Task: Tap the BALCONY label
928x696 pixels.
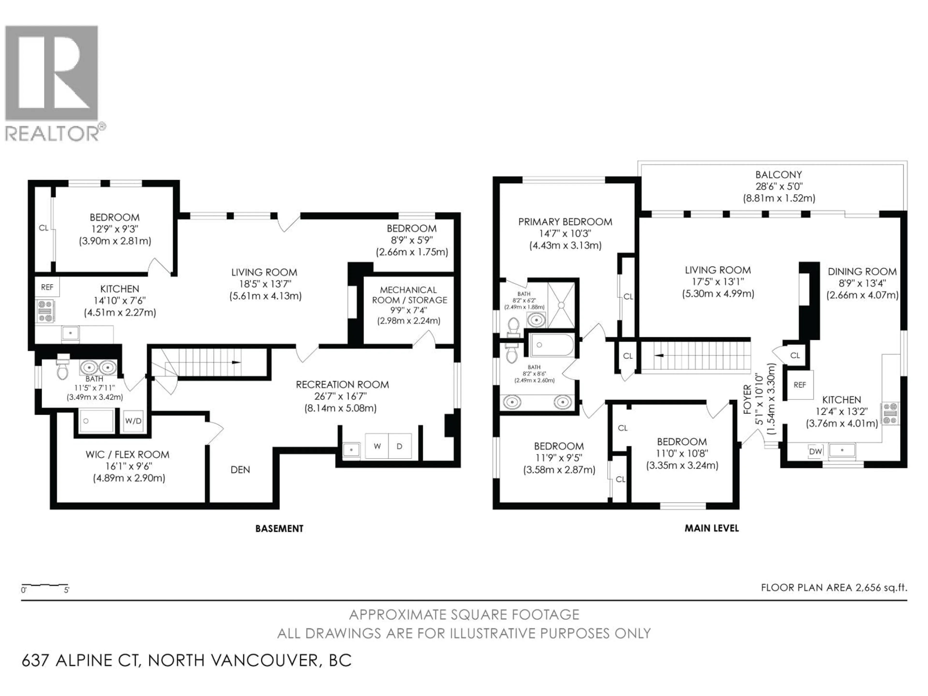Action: tap(779, 174)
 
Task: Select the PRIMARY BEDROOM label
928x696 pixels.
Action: tap(565, 222)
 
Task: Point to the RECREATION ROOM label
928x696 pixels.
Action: tap(342, 385)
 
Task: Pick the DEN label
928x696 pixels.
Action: tap(240, 470)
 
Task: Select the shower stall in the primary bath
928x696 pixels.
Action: tap(561, 305)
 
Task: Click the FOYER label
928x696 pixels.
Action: tap(747, 399)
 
